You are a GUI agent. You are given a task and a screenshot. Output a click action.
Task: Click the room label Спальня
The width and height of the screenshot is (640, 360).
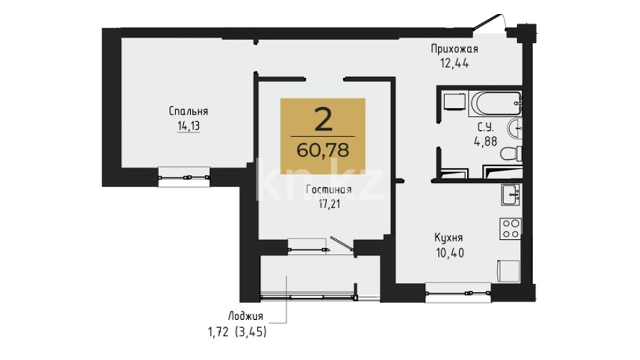click(188, 111)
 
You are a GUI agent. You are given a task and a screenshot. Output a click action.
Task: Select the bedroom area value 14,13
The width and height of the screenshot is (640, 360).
click(189, 126)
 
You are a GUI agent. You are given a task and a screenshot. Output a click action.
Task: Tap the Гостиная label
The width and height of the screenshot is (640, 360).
click(329, 190)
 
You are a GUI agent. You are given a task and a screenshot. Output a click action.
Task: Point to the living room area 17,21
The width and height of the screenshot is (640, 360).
click(329, 204)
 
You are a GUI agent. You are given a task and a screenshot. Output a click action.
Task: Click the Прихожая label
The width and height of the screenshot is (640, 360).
click(454, 49)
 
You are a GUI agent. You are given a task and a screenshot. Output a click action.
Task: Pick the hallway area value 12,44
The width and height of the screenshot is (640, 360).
click(455, 63)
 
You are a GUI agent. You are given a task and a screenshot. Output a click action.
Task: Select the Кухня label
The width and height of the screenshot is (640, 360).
click(449, 238)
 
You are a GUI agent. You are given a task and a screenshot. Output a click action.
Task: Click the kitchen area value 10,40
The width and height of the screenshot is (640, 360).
click(450, 253)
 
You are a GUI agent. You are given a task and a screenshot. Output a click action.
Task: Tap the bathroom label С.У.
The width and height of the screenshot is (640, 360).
click(485, 127)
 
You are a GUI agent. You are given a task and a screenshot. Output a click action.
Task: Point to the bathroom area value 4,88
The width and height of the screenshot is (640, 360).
click(485, 141)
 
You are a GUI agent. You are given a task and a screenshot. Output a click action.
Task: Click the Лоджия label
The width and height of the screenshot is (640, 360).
click(246, 316)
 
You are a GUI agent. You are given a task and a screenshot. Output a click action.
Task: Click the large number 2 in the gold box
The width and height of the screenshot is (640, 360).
click(323, 120)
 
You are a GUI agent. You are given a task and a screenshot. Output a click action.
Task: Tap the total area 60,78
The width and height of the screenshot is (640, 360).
click(323, 150)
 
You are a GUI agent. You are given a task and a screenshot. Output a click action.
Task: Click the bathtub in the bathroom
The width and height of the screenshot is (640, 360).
click(495, 104)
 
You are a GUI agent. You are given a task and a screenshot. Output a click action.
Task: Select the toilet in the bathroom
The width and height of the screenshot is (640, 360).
click(511, 154)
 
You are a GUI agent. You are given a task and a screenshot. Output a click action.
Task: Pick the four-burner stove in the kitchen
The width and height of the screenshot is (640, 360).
click(510, 229)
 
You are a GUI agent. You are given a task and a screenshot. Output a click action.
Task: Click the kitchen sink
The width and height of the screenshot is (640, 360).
click(510, 195)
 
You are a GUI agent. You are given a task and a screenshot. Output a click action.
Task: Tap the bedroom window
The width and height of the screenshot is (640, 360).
click(184, 177)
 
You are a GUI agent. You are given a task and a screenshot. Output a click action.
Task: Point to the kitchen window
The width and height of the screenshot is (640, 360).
click(458, 293)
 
